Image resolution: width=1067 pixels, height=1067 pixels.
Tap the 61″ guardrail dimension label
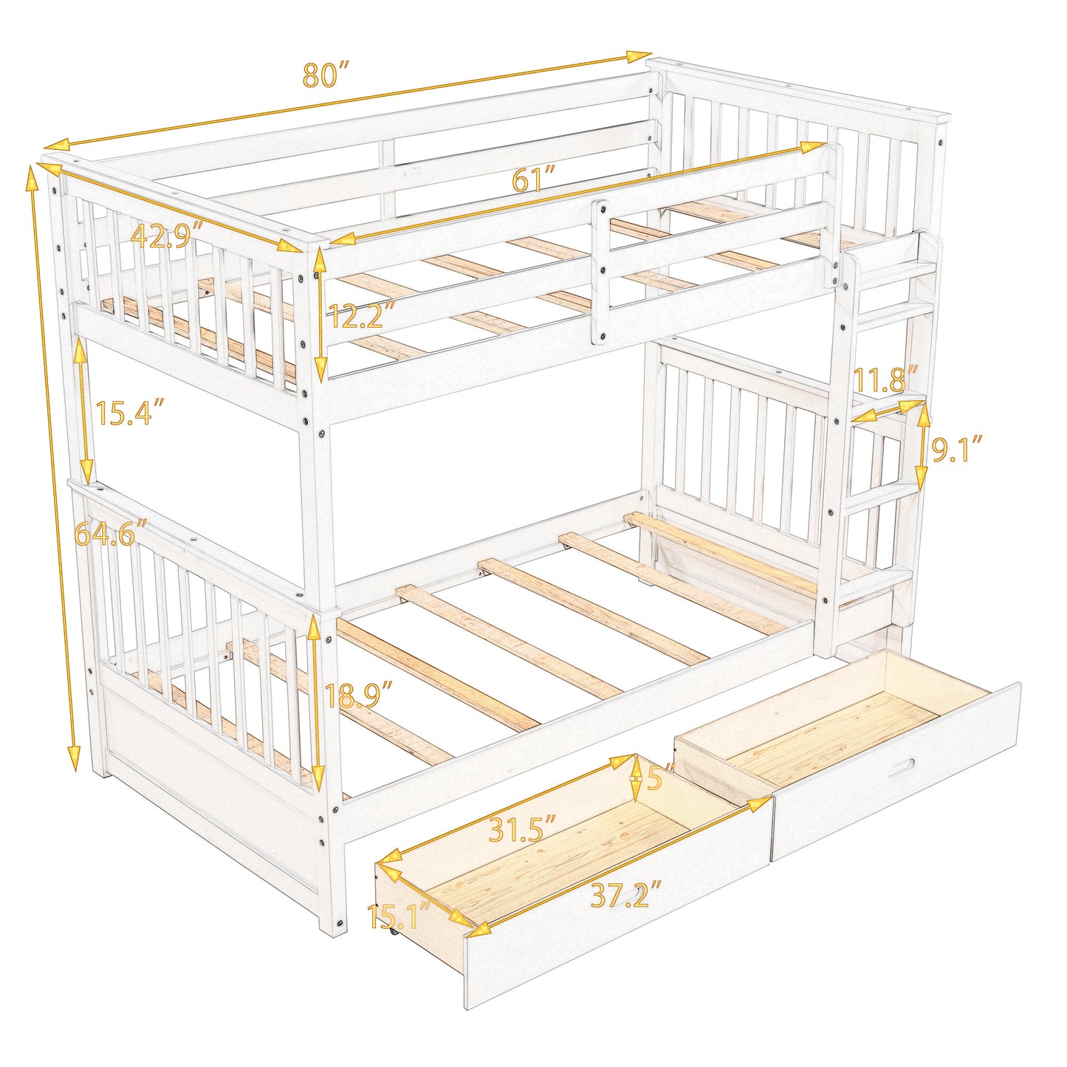pyautogui.click(x=533, y=179)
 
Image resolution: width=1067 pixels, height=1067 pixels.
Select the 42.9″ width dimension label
pyautogui.click(x=166, y=236)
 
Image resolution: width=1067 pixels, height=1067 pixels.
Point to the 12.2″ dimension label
pyautogui.click(x=362, y=316)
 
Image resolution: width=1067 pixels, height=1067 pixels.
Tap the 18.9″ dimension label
pyautogui.click(x=359, y=696)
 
